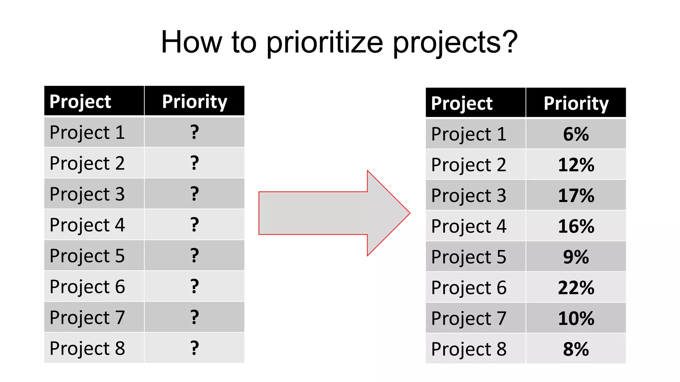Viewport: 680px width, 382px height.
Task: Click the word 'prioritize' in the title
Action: coord(324,42)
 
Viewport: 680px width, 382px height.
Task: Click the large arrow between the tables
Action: coord(332,213)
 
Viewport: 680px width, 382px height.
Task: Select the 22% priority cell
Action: coord(576,287)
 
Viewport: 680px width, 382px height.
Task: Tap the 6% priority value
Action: coord(576,134)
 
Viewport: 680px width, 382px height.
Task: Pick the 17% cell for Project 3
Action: coord(576,195)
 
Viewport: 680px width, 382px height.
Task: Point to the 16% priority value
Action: coord(576,226)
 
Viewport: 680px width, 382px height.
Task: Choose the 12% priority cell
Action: coord(576,165)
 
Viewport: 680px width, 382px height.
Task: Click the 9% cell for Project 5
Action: coord(576,257)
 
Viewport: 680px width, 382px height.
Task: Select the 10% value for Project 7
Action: coord(576,318)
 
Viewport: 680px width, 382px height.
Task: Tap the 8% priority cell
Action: coord(576,349)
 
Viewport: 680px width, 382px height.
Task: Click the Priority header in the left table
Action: coord(195,101)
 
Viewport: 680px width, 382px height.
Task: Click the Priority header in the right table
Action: coord(576,103)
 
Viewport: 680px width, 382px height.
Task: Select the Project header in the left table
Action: coord(80,101)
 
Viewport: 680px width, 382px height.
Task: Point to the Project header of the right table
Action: coord(462,103)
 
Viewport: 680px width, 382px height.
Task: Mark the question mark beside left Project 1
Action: coord(195,132)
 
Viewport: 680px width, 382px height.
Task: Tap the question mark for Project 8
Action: coord(195,348)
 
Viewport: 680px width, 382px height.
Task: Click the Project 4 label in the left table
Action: coord(87,225)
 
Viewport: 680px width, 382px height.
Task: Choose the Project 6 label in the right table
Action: coord(468,287)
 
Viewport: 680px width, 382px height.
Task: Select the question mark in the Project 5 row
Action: coord(195,256)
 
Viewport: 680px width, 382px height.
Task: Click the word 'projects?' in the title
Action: coord(455,42)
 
